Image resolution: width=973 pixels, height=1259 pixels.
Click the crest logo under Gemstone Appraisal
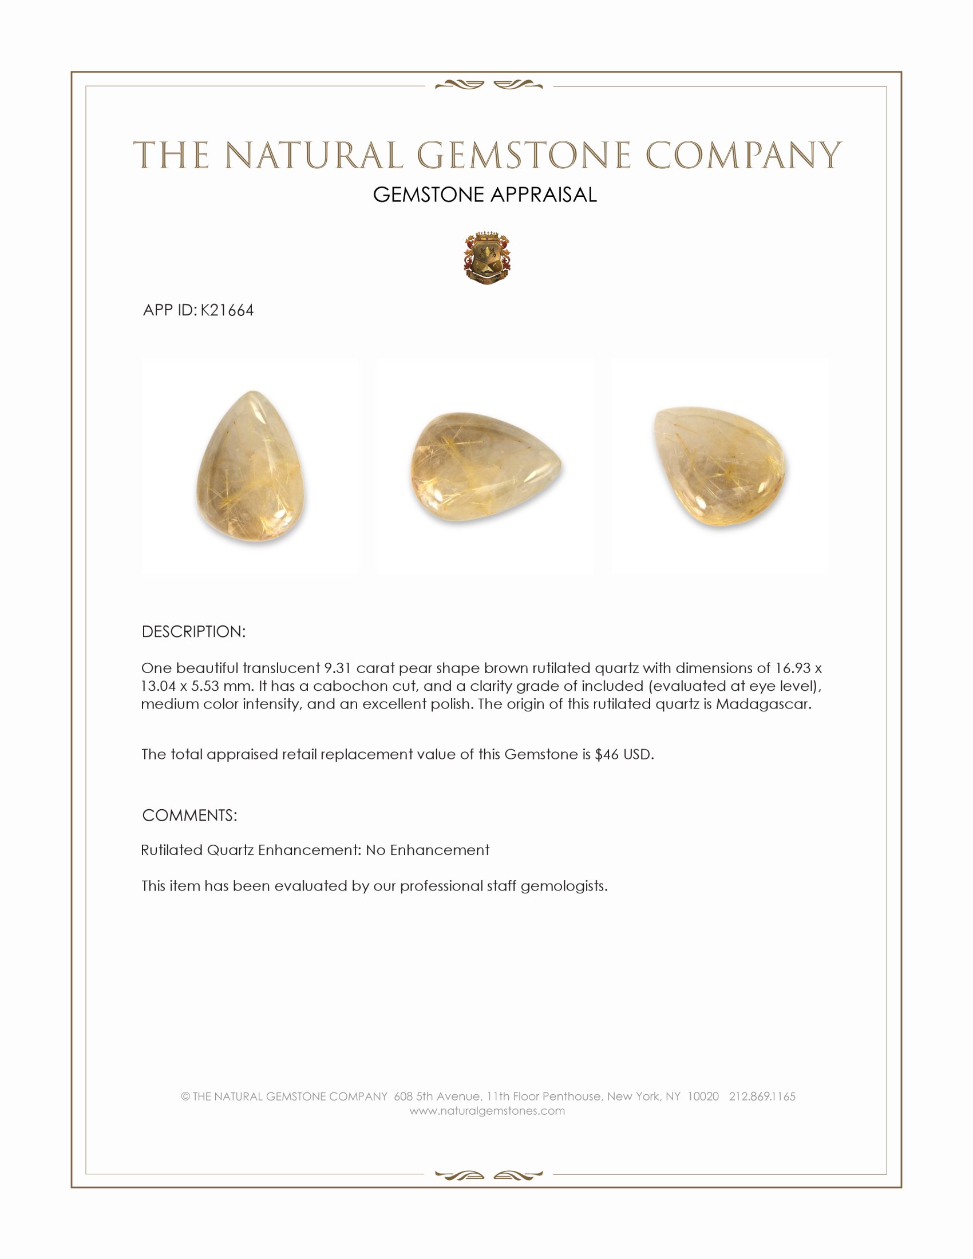(x=487, y=259)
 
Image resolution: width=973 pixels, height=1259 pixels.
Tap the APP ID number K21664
(x=227, y=311)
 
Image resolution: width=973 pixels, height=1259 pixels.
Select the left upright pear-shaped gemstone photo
(x=251, y=467)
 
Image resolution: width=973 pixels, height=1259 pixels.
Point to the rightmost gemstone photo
(x=720, y=468)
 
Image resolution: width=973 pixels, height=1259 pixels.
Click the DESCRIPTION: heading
(x=193, y=632)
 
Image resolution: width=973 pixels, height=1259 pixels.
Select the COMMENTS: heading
(x=189, y=815)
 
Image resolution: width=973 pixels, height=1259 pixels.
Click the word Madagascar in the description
(x=763, y=704)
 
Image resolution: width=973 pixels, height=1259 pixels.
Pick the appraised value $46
(x=606, y=755)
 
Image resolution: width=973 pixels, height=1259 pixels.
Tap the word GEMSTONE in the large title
(x=523, y=156)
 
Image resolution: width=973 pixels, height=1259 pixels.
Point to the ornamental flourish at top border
(x=488, y=86)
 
